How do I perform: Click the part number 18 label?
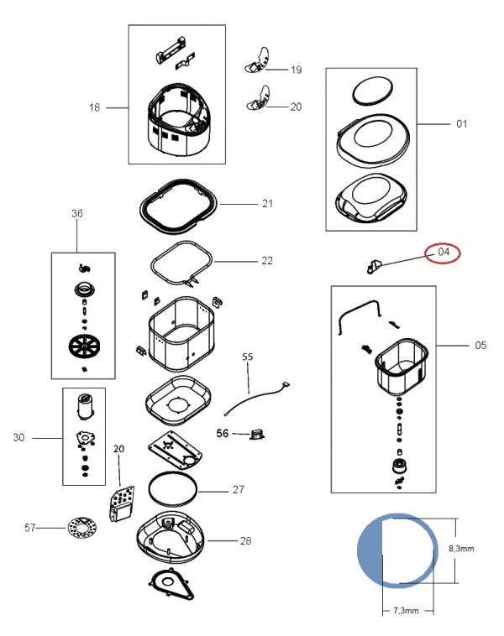[94, 107]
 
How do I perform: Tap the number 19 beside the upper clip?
[296, 70]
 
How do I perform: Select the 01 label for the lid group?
[461, 124]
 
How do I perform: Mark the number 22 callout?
[266, 261]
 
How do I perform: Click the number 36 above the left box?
[77, 214]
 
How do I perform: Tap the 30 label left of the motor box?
[19, 437]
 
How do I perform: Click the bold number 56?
[223, 433]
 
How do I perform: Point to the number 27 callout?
[238, 489]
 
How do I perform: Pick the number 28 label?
[245, 540]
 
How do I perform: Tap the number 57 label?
[30, 527]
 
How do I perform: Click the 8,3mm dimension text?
[463, 548]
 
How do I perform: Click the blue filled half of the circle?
[370, 550]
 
